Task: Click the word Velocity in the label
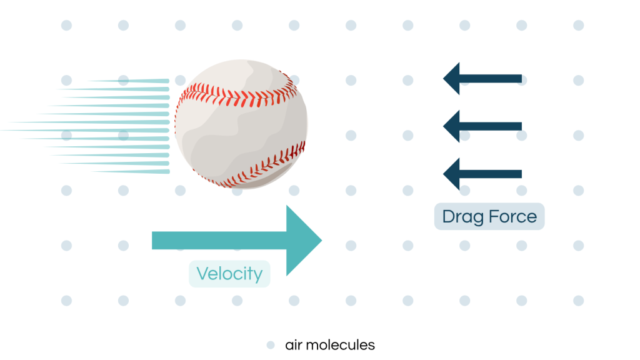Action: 229,274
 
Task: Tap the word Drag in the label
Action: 463,217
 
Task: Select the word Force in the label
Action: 512,216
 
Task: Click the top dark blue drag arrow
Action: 482,78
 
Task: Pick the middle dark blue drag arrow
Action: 482,126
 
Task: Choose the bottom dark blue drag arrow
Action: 482,174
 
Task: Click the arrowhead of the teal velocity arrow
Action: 304,241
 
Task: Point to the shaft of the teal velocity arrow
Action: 219,241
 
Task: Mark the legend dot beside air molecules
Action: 271,345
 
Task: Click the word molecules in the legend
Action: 341,345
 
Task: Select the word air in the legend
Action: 294,345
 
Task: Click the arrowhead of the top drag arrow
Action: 451,78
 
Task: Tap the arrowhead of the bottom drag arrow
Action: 451,174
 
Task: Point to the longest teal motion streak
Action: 85,130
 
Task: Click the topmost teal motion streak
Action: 128,81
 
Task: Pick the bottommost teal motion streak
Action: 130,171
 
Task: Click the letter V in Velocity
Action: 203,274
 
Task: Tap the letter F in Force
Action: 494,216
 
